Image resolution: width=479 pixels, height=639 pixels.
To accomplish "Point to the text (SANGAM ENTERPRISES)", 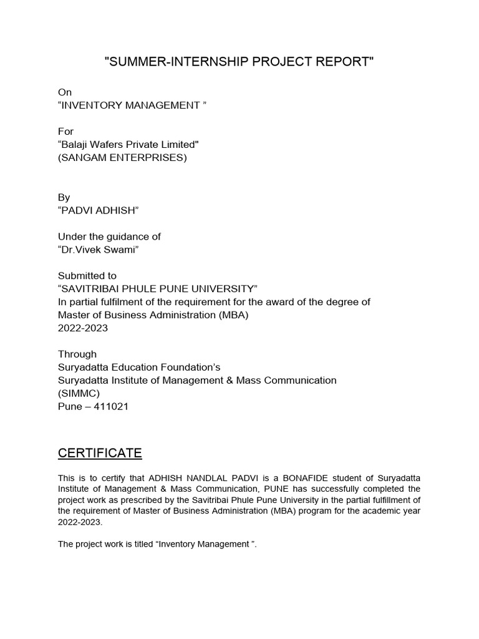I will pyautogui.click(x=122, y=158).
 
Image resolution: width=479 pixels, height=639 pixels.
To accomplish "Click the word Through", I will pyautogui.click(x=77, y=354).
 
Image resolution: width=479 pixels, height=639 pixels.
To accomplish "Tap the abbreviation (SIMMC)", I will pyautogui.click(x=79, y=394).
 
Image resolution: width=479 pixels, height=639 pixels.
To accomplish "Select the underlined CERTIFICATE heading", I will pyautogui.click(x=100, y=452).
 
